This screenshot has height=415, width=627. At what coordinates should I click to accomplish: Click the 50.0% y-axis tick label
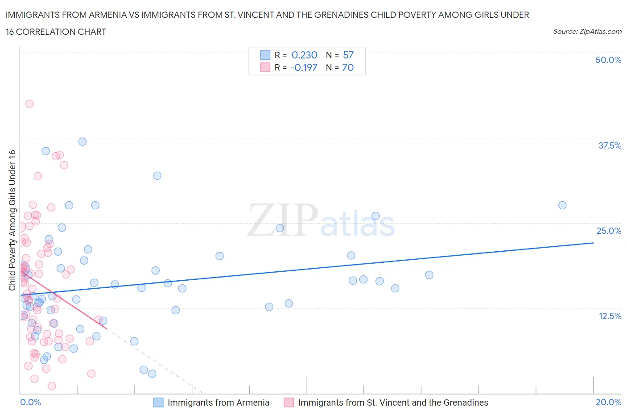pos(608,60)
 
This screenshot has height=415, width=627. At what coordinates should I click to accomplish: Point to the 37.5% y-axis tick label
pos(609,145)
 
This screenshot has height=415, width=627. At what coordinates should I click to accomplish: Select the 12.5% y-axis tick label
pos(609,316)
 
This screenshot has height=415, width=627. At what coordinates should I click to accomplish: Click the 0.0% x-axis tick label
pos(30,402)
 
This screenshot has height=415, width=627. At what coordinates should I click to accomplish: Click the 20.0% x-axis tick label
pos(608,402)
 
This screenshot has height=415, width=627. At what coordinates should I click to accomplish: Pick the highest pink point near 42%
pos(29,104)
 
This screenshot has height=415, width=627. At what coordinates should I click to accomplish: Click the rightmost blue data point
pos(562,205)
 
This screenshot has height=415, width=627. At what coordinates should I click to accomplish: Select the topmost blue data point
pos(82,141)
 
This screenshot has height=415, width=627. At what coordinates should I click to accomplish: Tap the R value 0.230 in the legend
pos(304,55)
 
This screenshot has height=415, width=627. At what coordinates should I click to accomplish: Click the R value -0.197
pos(304,67)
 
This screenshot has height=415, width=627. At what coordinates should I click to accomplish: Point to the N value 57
pos(348,55)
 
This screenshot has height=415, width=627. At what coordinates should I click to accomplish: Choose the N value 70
pos(348,67)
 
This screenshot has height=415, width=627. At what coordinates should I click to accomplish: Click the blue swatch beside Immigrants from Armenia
pos(158,403)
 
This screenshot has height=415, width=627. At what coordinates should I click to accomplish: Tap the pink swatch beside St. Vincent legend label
pos(289,403)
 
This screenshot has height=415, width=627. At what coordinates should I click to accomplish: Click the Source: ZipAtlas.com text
pos(587,31)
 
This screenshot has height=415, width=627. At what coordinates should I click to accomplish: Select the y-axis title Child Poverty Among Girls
pos(12,220)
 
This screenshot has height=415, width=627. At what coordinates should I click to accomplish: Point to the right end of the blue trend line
pos(593,243)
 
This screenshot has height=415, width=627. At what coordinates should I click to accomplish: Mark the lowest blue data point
pos(152,373)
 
